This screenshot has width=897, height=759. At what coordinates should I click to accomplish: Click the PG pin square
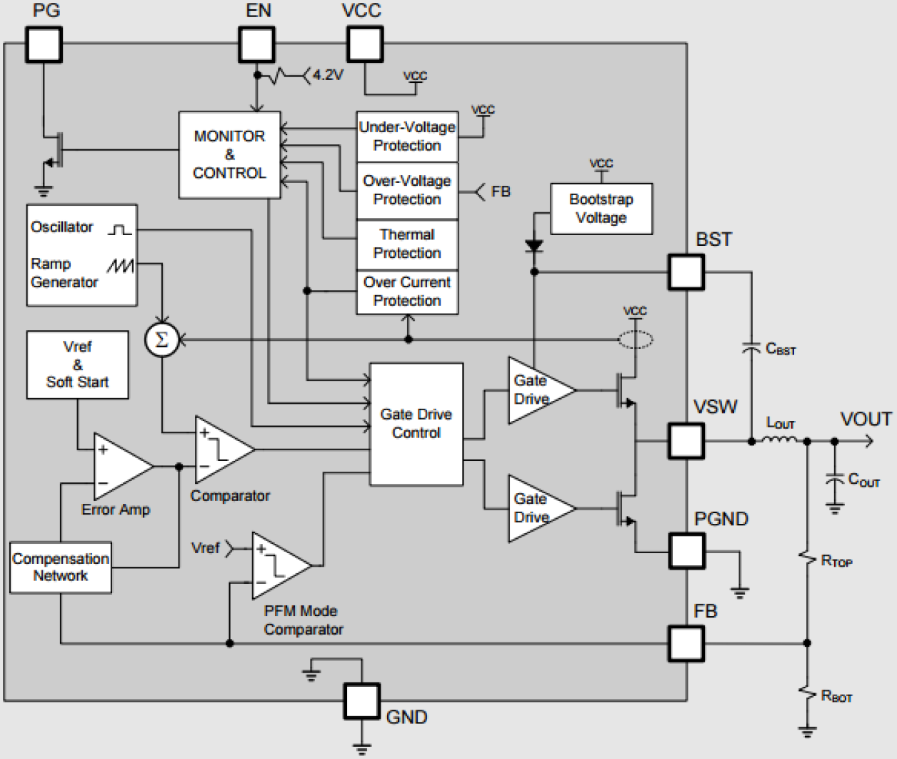(x=44, y=44)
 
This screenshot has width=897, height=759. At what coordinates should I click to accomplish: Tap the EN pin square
(x=256, y=44)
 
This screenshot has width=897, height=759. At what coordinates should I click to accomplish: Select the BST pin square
(x=686, y=272)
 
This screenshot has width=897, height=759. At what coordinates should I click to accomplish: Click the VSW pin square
(x=686, y=441)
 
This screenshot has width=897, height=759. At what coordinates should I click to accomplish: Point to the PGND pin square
(x=686, y=551)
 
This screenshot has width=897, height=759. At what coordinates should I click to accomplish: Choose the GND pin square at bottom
(x=361, y=700)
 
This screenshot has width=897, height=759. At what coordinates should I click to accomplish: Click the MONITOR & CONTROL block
(x=229, y=154)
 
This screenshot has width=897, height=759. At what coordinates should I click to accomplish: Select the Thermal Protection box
(x=407, y=244)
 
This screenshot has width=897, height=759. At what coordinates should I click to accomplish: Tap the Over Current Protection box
(x=407, y=292)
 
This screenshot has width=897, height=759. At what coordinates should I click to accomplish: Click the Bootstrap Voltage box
(x=601, y=209)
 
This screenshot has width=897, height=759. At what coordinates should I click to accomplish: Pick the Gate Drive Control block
(x=416, y=424)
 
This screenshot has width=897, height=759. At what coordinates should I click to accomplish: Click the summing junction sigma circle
(x=161, y=339)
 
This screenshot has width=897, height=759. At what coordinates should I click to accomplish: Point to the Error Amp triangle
(x=119, y=467)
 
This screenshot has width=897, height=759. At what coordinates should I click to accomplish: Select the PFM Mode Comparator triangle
(x=278, y=566)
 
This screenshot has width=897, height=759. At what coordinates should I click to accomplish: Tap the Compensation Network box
(x=61, y=567)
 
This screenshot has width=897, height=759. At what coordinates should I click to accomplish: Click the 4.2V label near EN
(x=328, y=75)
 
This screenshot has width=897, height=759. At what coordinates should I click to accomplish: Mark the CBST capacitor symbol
(x=751, y=348)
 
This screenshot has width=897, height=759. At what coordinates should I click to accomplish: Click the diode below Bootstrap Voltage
(x=534, y=246)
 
